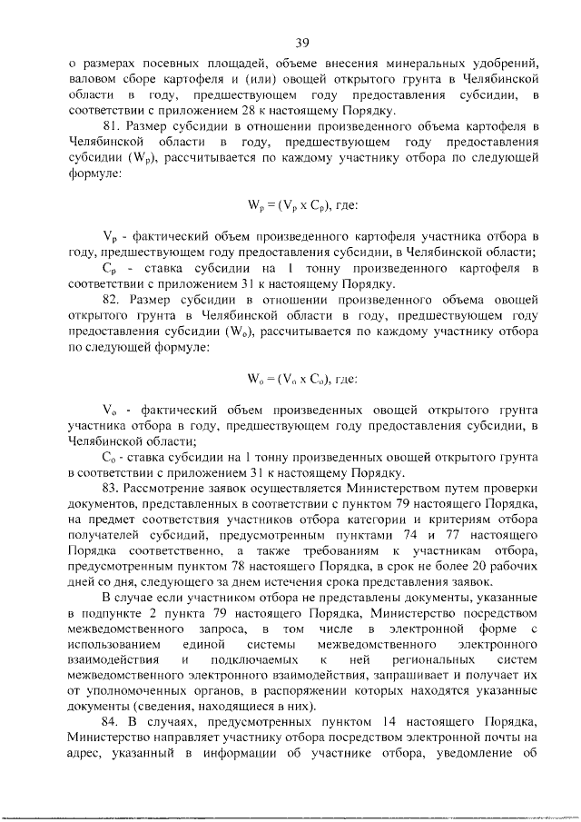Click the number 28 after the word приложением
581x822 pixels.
260,110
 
